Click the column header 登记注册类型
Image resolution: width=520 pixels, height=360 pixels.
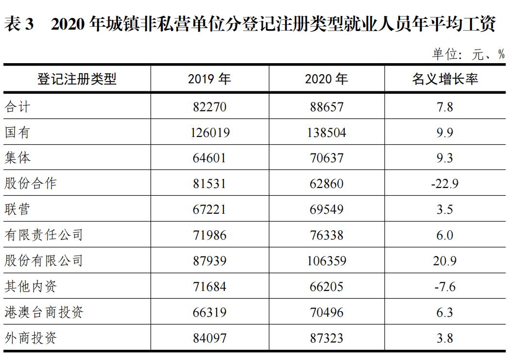tap(77, 79)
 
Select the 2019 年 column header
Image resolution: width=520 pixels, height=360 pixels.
tap(209, 79)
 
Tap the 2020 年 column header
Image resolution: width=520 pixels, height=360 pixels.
tap(326, 79)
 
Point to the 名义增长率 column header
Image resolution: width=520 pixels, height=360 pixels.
tap(445, 79)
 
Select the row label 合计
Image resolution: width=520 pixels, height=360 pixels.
tap(17, 106)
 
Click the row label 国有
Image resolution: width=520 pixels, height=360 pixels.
tap(17, 132)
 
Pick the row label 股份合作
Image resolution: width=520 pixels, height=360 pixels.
tap(31, 184)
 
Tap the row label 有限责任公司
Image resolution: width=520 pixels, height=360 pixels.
tap(44, 235)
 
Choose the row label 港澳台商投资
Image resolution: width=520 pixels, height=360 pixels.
tap(44, 312)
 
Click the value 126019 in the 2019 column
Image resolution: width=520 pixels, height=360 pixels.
tap(210, 132)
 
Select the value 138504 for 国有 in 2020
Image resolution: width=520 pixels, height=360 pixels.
tap(326, 132)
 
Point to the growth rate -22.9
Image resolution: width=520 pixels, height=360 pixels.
tap(445, 184)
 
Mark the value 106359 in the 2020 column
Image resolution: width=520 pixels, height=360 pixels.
tap(326, 261)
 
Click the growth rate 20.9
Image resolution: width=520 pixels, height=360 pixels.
tap(445, 261)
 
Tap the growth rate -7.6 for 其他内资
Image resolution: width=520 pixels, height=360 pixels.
tap(445, 287)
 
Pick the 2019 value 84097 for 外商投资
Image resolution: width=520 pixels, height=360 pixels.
tap(210, 338)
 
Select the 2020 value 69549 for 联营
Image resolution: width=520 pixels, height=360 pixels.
tap(326, 209)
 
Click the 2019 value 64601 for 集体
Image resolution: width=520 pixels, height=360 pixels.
tap(210, 158)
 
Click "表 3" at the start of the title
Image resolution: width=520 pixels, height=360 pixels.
tap(19, 24)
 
